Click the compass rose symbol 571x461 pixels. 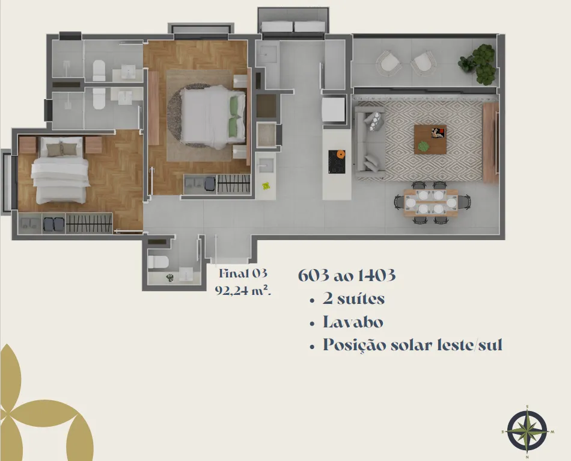point(527,431)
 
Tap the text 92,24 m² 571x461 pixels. point(243,291)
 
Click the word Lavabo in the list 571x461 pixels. point(353,322)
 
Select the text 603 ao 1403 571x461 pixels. point(347,276)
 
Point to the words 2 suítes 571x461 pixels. point(353,299)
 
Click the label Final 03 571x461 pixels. point(243,273)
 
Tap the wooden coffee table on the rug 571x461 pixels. point(430,139)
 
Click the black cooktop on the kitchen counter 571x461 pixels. point(337,162)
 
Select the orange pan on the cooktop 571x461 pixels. point(340,155)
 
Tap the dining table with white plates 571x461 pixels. point(431,203)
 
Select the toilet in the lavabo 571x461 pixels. point(159,262)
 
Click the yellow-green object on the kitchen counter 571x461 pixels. point(266,186)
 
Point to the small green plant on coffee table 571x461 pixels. point(423,146)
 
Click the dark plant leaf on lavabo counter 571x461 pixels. point(170,278)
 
